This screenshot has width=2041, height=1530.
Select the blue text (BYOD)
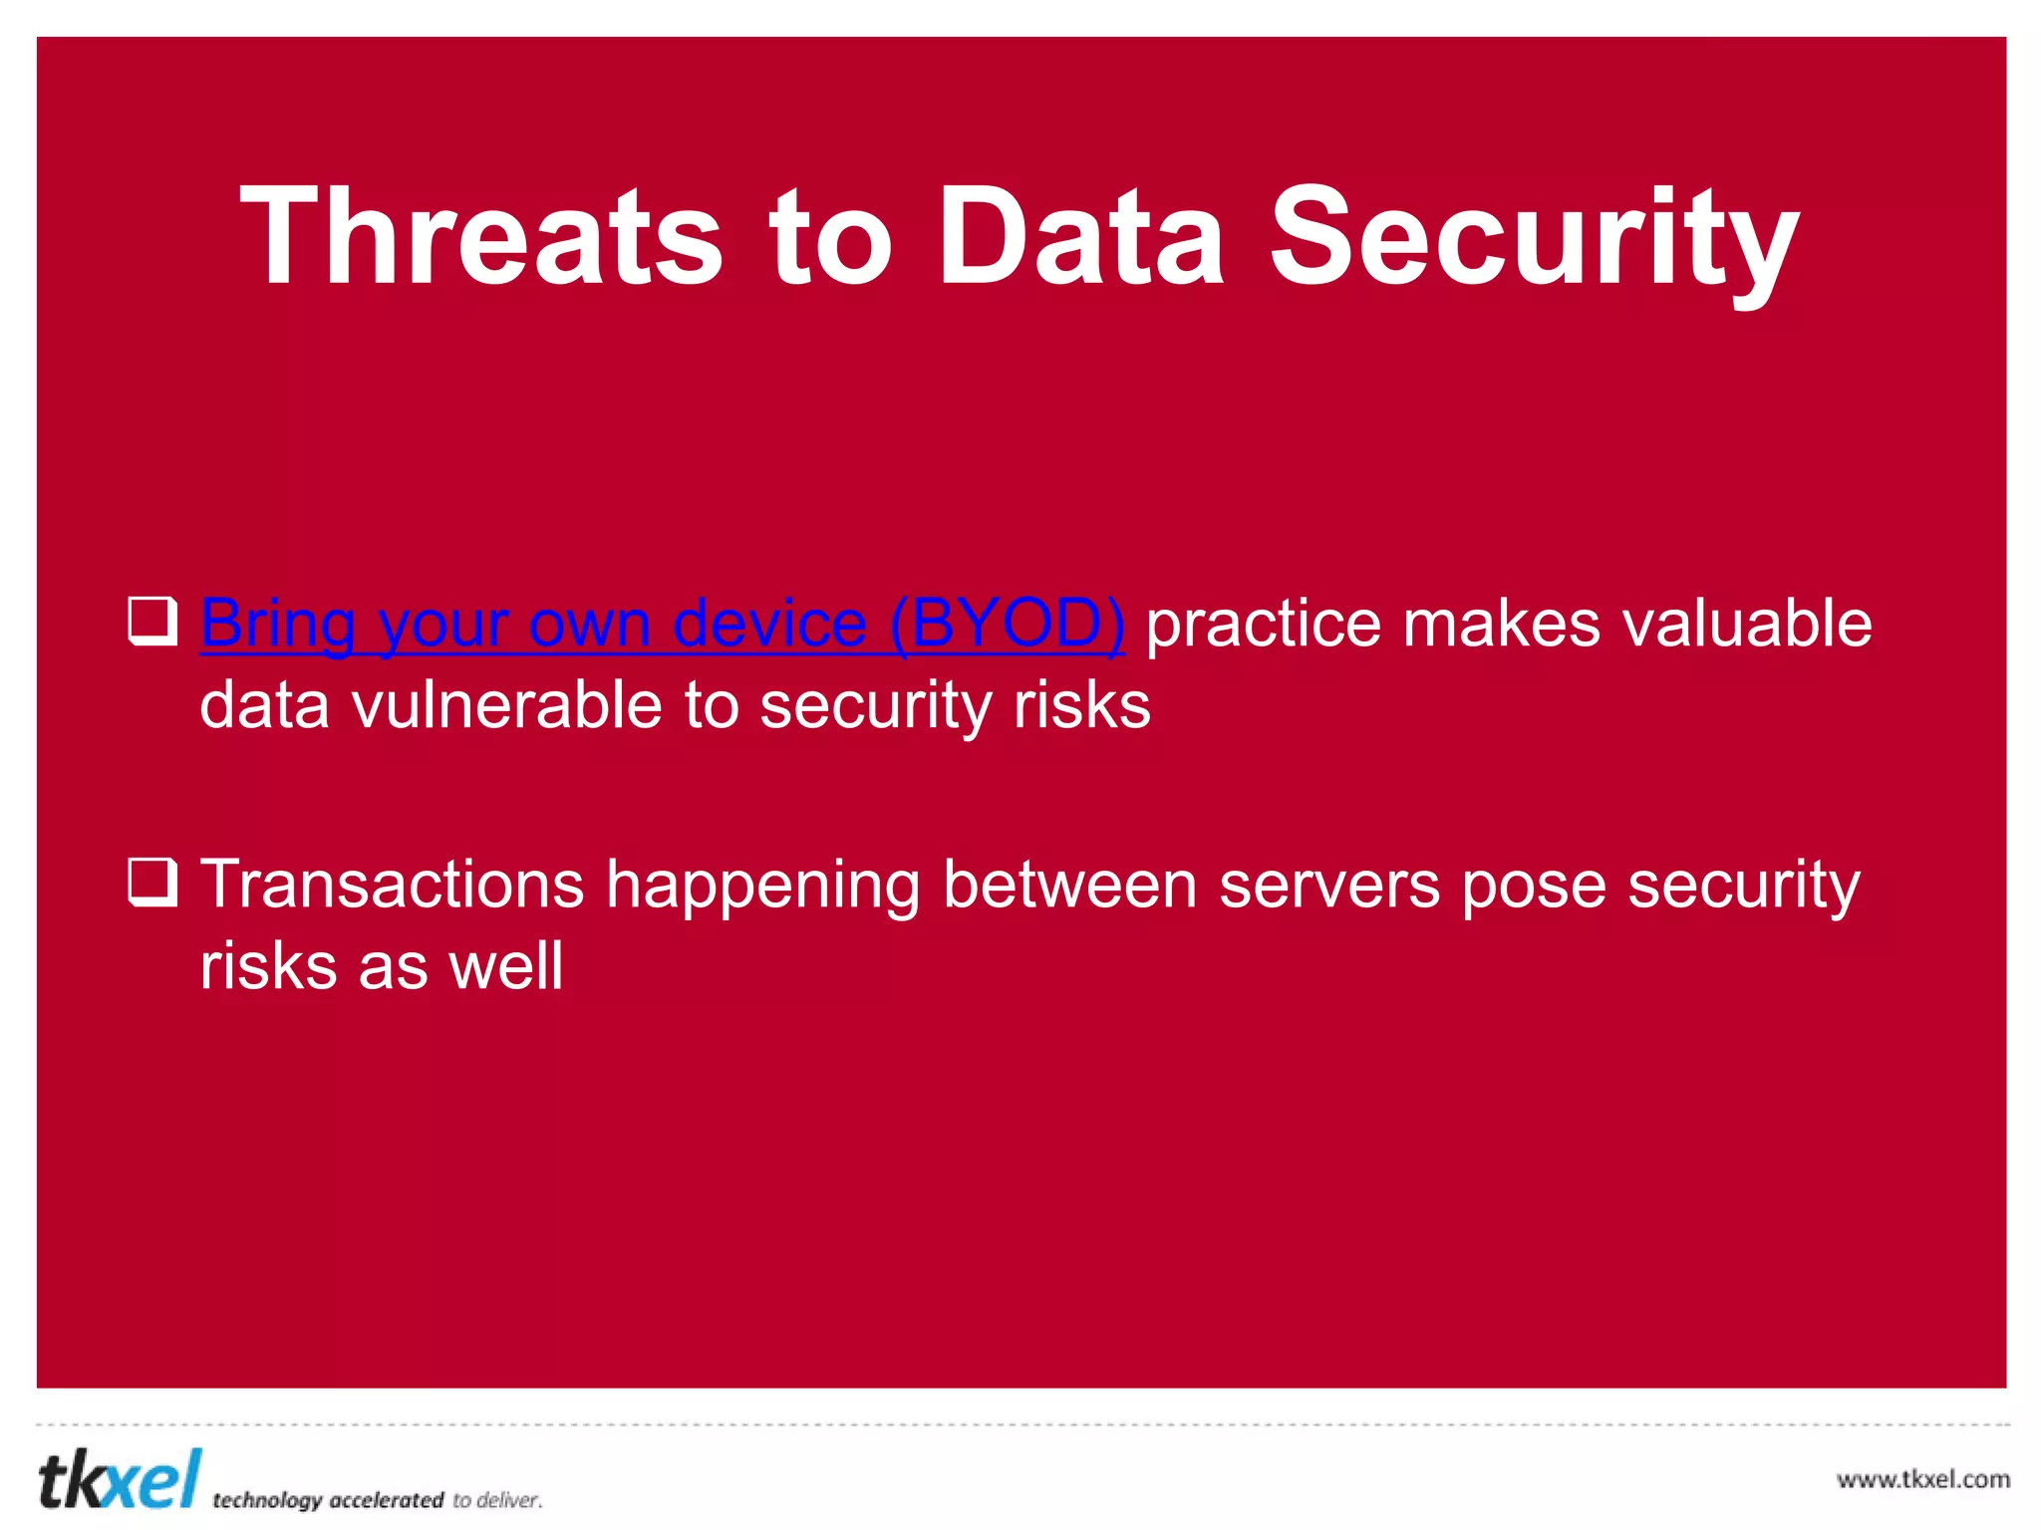pyautogui.click(x=1007, y=625)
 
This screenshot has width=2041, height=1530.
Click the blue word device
pyautogui.click(x=768, y=625)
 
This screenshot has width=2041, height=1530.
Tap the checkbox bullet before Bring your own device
pyautogui.click(x=152, y=621)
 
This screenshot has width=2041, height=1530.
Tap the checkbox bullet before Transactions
pyautogui.click(x=152, y=882)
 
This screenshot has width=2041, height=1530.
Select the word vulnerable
pyautogui.click(x=506, y=705)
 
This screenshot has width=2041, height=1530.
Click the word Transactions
pyautogui.click(x=392, y=885)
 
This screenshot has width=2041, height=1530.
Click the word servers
pyautogui.click(x=1329, y=885)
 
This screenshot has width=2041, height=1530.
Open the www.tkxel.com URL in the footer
pyautogui.click(x=1922, y=1479)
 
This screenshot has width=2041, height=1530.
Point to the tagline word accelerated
pyautogui.click(x=386, y=1499)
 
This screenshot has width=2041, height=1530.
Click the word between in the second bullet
pyautogui.click(x=1069, y=885)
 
